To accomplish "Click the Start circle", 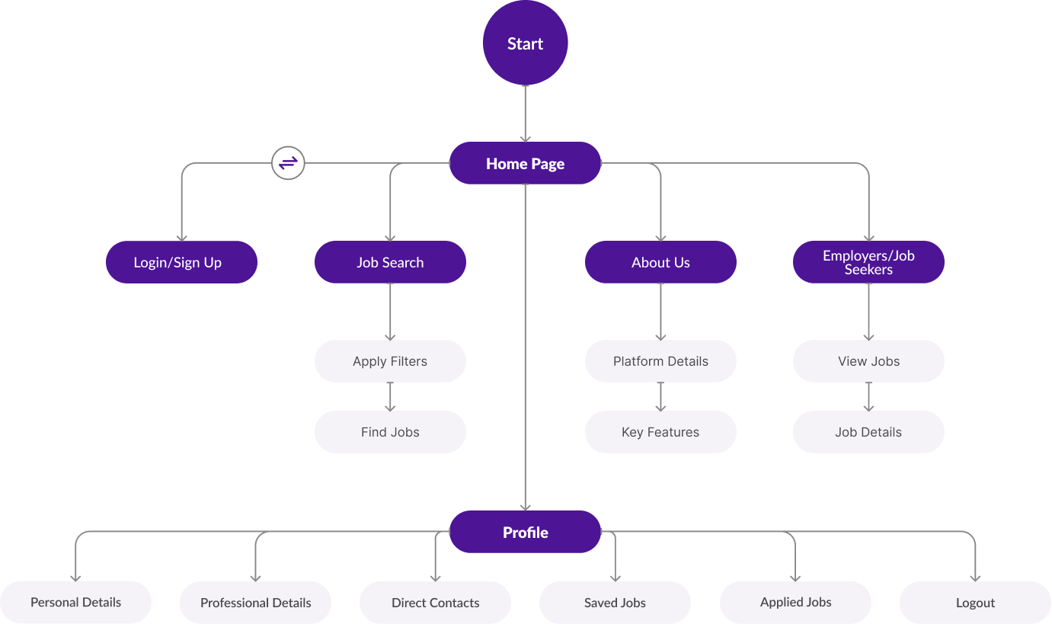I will coord(525,43).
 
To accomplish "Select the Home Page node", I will coord(525,163).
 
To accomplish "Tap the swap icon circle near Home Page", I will coord(288,163).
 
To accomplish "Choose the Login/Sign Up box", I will coord(181,262).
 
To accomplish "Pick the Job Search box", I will coord(390,262).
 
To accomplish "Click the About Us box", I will coord(660,262).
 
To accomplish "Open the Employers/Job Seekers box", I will coord(868,262).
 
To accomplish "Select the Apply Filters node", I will coord(390,361).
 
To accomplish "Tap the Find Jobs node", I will coord(390,432).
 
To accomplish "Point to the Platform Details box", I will coord(660,361).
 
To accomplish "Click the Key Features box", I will coord(660,432).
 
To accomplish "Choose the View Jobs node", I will coord(868,361).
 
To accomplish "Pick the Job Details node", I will coord(868,432).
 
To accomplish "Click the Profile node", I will coord(525,532).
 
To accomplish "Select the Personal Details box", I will coord(75,603).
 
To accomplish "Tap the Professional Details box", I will coord(255,603).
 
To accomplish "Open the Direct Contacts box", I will coord(435,603).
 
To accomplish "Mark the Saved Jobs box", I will coord(615,603).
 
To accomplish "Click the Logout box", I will coord(975,603).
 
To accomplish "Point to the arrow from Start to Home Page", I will coord(525,114).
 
